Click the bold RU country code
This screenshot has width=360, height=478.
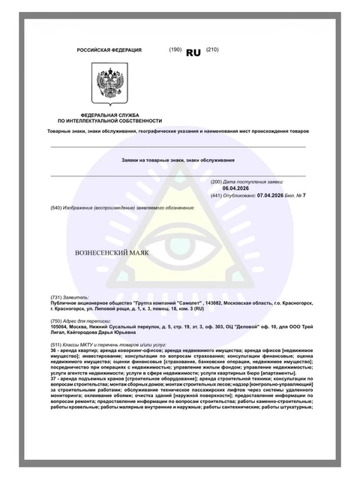click(193, 53)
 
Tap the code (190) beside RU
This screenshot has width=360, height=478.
click(176, 49)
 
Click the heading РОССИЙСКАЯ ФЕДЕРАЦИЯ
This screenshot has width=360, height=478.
click(109, 50)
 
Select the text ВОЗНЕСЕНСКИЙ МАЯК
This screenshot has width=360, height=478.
click(112, 252)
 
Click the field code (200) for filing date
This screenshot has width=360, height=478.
click(217, 182)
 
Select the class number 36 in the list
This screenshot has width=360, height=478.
click(52, 350)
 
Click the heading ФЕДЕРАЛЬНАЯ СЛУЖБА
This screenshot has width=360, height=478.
click(109, 115)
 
